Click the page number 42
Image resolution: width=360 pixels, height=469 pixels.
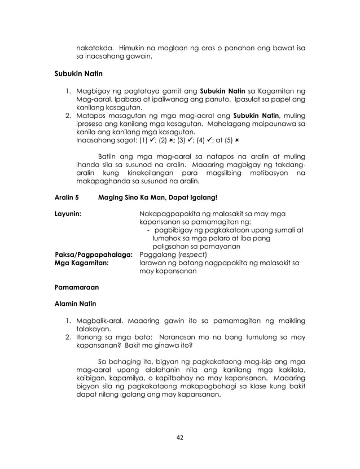click(x=180, y=436)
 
